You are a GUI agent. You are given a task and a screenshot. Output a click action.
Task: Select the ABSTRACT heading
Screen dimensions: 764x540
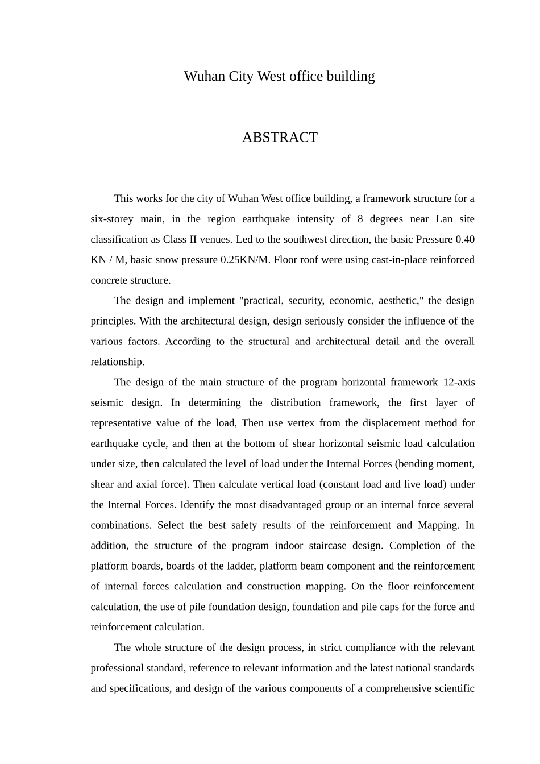click(280, 138)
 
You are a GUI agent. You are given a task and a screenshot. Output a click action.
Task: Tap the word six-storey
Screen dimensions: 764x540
click(112, 219)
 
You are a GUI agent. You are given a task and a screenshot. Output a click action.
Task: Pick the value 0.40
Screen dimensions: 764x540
click(464, 239)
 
